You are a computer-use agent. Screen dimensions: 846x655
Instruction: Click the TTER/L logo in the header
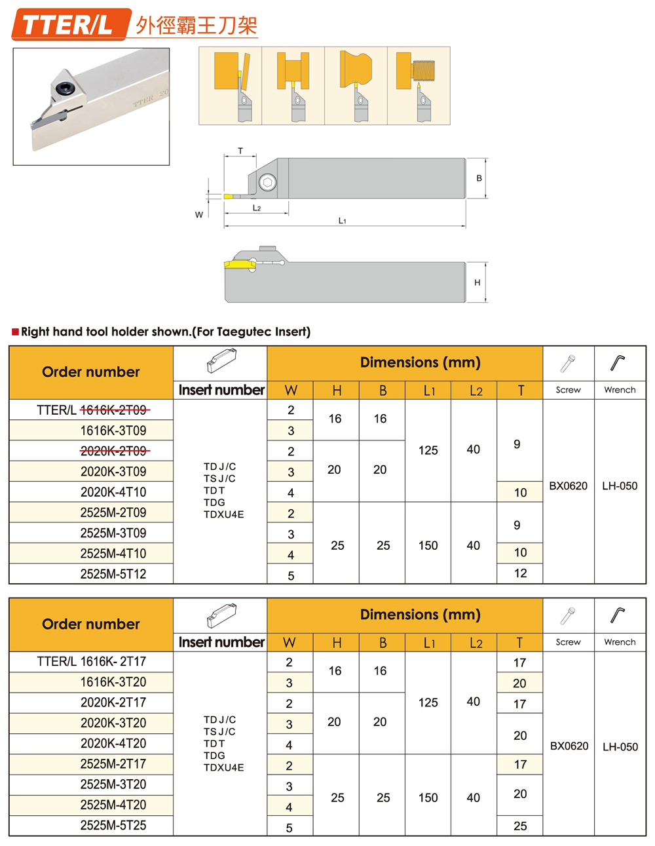click(x=68, y=25)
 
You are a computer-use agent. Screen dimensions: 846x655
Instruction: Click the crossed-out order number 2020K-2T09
click(x=114, y=451)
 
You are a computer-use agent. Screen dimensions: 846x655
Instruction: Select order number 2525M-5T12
click(x=113, y=574)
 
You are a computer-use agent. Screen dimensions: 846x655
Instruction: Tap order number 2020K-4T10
click(x=113, y=492)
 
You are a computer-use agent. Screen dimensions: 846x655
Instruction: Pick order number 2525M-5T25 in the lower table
click(x=113, y=826)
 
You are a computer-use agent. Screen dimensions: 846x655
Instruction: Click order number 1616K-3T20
click(x=113, y=682)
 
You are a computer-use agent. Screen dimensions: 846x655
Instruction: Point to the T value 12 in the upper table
click(x=520, y=573)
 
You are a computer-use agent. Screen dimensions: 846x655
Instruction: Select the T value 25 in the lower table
click(x=520, y=826)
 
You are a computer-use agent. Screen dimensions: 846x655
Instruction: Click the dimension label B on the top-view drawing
click(x=479, y=178)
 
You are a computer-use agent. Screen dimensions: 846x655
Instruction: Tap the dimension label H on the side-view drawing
click(x=477, y=282)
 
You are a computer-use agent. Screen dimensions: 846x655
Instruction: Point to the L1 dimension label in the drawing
click(x=342, y=221)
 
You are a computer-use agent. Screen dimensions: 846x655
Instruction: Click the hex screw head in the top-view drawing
click(x=267, y=182)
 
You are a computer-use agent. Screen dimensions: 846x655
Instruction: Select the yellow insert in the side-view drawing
click(x=240, y=264)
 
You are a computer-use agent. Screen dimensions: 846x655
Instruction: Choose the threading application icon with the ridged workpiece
click(x=419, y=85)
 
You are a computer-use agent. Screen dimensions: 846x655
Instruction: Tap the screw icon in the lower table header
click(x=567, y=615)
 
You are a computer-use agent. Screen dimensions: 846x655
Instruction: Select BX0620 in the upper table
click(x=568, y=486)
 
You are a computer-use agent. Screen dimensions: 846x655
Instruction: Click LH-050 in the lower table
click(x=620, y=746)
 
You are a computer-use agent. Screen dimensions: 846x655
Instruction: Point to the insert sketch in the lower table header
click(x=221, y=615)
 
